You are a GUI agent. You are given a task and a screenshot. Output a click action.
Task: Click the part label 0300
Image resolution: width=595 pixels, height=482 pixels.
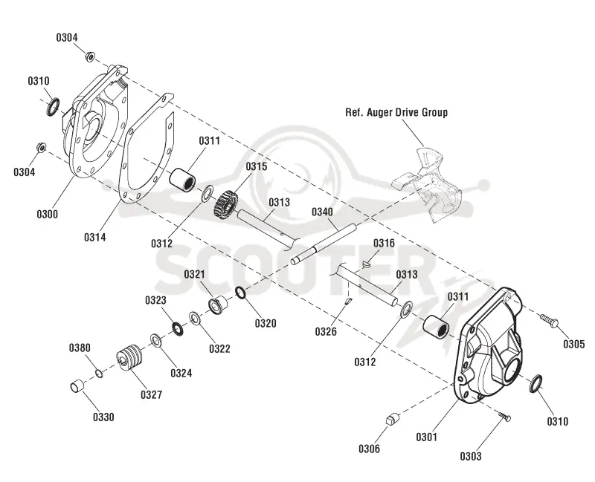coord(48,214)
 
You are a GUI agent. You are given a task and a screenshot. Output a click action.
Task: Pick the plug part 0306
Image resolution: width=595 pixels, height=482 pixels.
coord(393,419)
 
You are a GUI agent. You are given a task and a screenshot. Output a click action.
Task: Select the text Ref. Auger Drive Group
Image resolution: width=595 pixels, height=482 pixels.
coord(396,113)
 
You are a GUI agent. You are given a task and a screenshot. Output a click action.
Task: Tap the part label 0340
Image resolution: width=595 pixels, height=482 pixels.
coord(322,212)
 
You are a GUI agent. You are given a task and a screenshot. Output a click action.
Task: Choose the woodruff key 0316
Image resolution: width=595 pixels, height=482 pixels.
coord(365,264)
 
